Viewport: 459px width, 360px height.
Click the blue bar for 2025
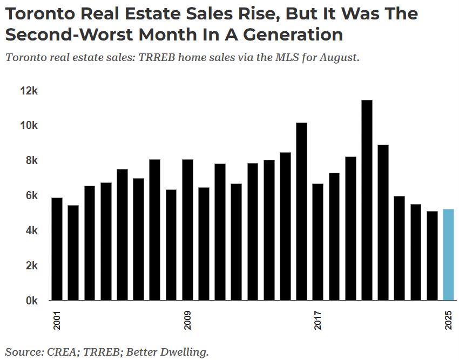tap(448, 254)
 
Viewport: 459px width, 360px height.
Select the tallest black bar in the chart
tap(367, 200)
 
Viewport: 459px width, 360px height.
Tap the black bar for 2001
tap(57, 249)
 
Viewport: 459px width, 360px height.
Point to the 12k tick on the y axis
tap(28, 91)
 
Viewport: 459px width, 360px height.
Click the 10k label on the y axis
tap(28, 126)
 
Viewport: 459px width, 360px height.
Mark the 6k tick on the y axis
tap(30, 195)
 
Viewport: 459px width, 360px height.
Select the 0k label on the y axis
tap(30, 301)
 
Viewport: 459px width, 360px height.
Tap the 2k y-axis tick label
tap(30, 266)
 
